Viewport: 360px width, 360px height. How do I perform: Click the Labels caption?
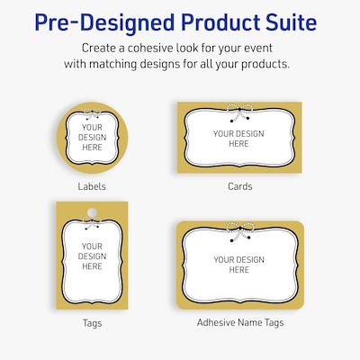tap(91, 186)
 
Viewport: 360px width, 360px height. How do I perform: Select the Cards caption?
tap(239, 186)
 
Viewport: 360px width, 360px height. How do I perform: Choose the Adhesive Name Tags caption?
tap(238, 321)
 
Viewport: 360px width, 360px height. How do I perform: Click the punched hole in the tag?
tap(91, 214)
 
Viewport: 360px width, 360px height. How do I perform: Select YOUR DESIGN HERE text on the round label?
tap(91, 142)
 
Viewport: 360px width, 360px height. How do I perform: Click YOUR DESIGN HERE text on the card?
tap(238, 139)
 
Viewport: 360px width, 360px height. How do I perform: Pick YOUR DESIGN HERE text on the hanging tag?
tap(92, 256)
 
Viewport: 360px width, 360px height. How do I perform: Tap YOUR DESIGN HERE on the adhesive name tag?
tap(238, 265)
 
